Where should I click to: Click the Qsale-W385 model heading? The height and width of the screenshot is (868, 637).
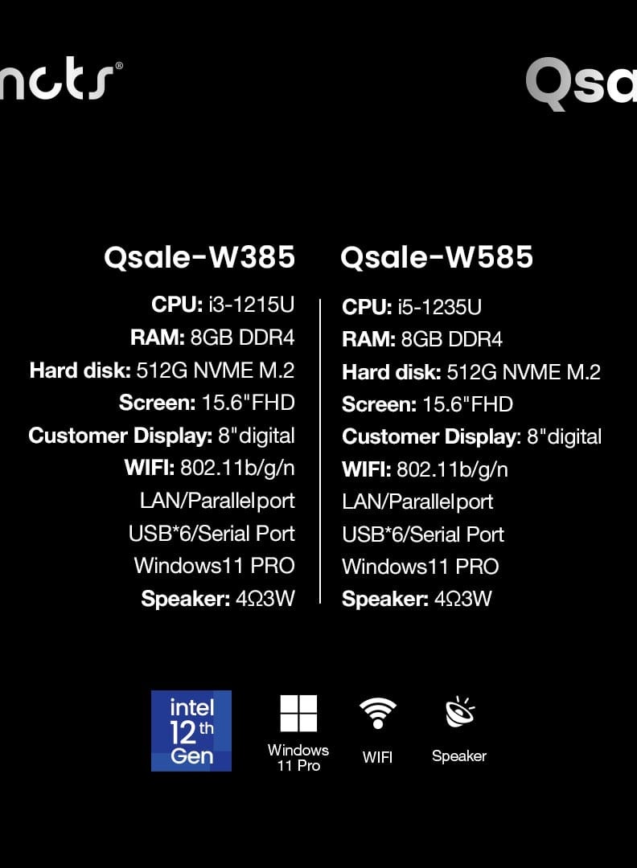(199, 257)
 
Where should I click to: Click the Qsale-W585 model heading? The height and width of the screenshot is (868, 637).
(437, 257)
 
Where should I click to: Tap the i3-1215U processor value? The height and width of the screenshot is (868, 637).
(251, 305)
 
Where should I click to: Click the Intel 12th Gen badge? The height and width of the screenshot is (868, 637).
(191, 731)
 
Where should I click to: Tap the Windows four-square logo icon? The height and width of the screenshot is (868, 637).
(298, 714)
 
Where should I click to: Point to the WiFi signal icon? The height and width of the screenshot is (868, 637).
(377, 713)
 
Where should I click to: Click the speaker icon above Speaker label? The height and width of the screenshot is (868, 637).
(459, 713)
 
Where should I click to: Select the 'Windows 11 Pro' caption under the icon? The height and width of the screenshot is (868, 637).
(298, 758)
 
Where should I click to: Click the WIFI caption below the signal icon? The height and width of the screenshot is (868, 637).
(377, 757)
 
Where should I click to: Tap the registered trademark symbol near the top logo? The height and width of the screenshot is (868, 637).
(119, 66)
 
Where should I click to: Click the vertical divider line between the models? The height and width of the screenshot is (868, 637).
(320, 450)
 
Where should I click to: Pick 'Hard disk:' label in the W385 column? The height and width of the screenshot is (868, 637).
(80, 371)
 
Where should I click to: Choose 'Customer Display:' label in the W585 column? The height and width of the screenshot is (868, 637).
(431, 436)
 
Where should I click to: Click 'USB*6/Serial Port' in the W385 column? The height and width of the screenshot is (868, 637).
(212, 534)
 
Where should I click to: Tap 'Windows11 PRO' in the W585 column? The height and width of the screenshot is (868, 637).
(420, 567)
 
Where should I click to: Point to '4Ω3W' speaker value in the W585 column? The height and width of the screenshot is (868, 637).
(462, 600)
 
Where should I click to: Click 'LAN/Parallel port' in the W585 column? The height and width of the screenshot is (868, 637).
(417, 502)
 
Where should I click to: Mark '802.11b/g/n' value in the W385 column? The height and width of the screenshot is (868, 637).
(237, 468)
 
